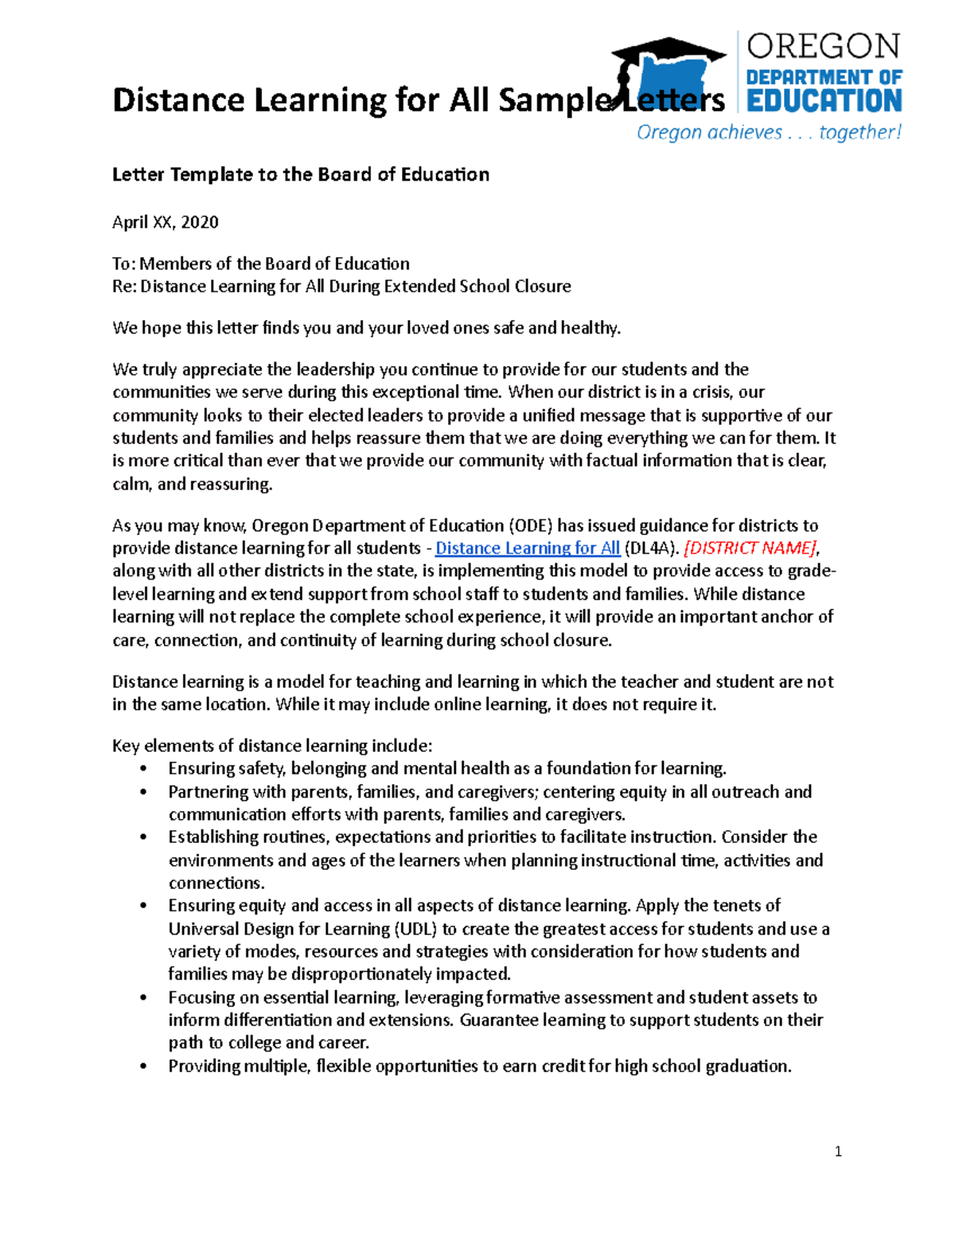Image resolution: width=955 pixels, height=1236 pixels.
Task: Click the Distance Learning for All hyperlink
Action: tap(527, 548)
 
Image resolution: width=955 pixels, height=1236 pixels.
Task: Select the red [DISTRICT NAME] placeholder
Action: tap(750, 548)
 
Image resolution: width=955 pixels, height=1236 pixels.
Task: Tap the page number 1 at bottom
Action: tap(838, 1151)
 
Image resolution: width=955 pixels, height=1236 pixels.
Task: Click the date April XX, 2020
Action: tap(166, 222)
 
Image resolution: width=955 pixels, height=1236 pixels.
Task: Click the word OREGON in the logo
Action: tap(823, 46)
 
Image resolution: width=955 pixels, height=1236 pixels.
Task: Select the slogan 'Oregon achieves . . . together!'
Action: tap(769, 132)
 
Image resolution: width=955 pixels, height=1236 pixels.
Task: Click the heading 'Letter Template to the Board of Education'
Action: tap(300, 174)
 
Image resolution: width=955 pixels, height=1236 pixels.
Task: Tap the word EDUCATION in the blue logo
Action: tap(824, 101)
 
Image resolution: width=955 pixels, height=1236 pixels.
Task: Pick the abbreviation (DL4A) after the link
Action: tap(652, 548)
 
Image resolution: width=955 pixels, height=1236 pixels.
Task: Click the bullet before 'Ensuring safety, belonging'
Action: tap(143, 769)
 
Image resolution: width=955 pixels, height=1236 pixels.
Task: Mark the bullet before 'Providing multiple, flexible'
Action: tap(143, 1066)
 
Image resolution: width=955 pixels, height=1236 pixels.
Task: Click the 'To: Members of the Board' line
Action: tap(260, 263)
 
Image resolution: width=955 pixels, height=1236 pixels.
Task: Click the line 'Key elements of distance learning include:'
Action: tap(272, 746)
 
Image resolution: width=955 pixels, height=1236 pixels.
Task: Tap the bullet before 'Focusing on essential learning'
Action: tap(143, 998)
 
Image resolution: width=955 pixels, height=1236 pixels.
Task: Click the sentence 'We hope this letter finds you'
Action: tap(366, 328)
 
